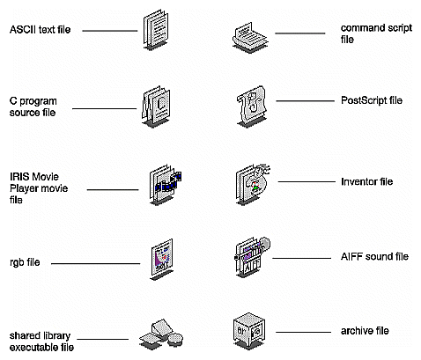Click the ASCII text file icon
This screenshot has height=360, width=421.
[155, 33]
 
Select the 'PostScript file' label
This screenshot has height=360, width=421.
[372, 101]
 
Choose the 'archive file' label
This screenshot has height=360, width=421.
[365, 331]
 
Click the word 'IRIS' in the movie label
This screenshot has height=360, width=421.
[22, 179]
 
